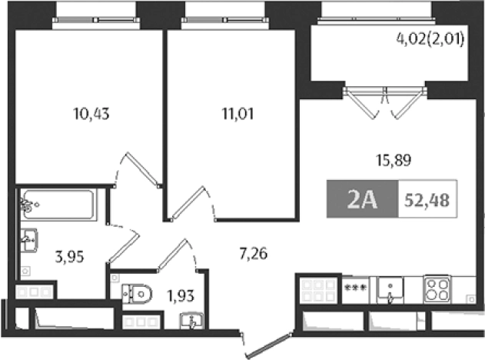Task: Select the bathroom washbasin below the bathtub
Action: [x=29, y=240]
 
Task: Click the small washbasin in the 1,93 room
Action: [x=193, y=321]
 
